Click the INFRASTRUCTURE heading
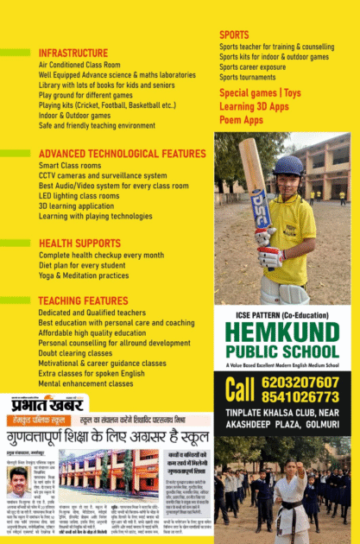pos(73,54)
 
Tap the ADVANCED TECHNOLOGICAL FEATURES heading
pos(122,154)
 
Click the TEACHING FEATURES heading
pos(83,300)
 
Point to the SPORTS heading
pos(234,35)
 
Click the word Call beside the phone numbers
pos(239,389)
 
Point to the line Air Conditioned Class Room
pos(79,65)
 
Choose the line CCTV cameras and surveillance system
pos(103,175)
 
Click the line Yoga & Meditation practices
pos(84,275)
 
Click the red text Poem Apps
pos(241,120)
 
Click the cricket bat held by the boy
pos(256,186)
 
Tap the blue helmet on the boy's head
pos(287,165)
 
